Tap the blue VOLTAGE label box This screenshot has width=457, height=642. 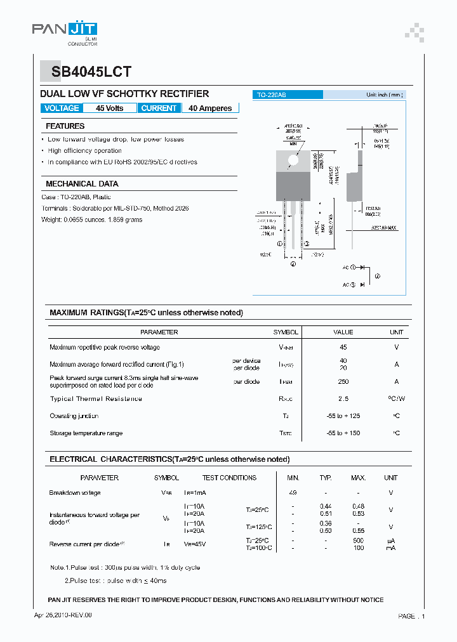(x=62, y=108)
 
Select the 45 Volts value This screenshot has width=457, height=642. (x=110, y=108)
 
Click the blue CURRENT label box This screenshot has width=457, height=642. (x=159, y=108)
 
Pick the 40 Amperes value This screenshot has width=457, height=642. (x=210, y=108)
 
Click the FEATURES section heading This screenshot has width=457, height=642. (x=65, y=126)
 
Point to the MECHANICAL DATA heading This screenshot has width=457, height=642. (x=82, y=184)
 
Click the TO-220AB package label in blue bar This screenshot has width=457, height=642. (x=271, y=95)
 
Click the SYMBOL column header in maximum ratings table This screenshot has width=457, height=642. (x=286, y=332)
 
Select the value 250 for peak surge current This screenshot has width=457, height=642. (x=343, y=382)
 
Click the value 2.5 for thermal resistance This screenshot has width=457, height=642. (x=343, y=399)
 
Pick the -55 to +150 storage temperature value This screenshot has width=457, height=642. (x=343, y=433)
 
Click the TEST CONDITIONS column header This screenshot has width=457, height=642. (x=229, y=478)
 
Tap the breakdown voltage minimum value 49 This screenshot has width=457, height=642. (x=293, y=493)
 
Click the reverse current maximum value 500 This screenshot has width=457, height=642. (x=359, y=540)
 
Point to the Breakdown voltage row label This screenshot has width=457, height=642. (x=75, y=493)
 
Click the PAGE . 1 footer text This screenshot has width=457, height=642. (x=411, y=616)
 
